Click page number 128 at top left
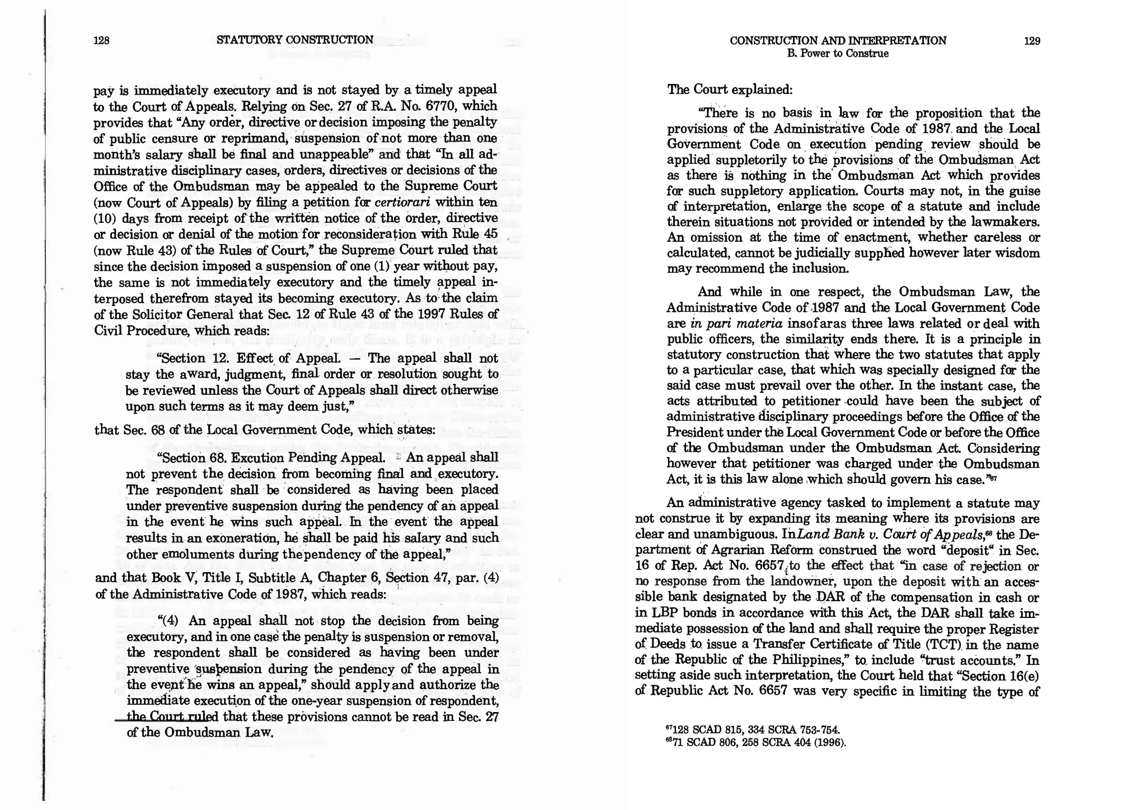click(101, 40)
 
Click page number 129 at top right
click(1031, 41)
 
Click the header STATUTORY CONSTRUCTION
click(294, 40)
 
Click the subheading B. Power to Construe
click(837, 54)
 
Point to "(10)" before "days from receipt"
click(105, 218)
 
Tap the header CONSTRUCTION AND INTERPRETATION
click(838, 41)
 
